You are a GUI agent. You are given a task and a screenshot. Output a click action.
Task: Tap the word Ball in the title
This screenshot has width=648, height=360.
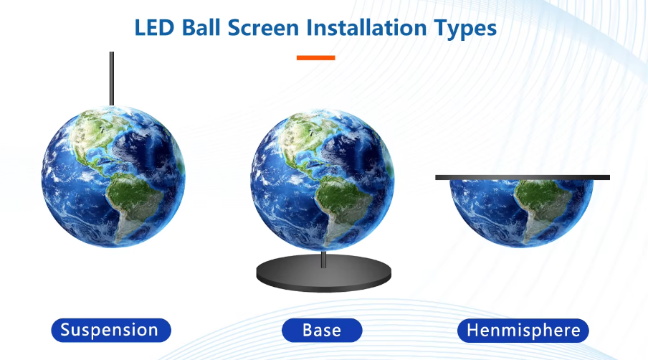(x=201, y=28)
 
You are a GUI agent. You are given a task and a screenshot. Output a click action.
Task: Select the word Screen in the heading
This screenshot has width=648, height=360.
(x=263, y=28)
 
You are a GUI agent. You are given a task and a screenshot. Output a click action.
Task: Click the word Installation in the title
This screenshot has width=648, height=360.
(x=366, y=28)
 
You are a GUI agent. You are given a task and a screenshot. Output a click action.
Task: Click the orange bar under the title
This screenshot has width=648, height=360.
(x=315, y=58)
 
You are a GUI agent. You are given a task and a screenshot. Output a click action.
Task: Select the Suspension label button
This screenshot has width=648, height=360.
(x=111, y=331)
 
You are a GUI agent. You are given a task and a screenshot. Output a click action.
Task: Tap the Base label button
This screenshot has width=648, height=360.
(x=322, y=331)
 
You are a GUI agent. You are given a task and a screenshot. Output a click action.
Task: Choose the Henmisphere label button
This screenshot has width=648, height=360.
(x=523, y=331)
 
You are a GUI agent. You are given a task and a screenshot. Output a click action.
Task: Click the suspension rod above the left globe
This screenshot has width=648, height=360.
(x=112, y=79)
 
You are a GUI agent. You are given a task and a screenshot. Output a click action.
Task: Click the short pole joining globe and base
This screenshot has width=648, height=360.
(x=323, y=259)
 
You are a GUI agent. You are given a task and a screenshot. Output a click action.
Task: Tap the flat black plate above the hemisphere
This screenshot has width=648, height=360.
(x=523, y=177)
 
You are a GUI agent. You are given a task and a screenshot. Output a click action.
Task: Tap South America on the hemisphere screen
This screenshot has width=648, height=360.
(x=542, y=207)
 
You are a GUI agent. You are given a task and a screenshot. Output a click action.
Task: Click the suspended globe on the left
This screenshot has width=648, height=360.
(x=113, y=176)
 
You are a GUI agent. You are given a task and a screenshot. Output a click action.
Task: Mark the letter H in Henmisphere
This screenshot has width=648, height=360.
(x=472, y=331)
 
